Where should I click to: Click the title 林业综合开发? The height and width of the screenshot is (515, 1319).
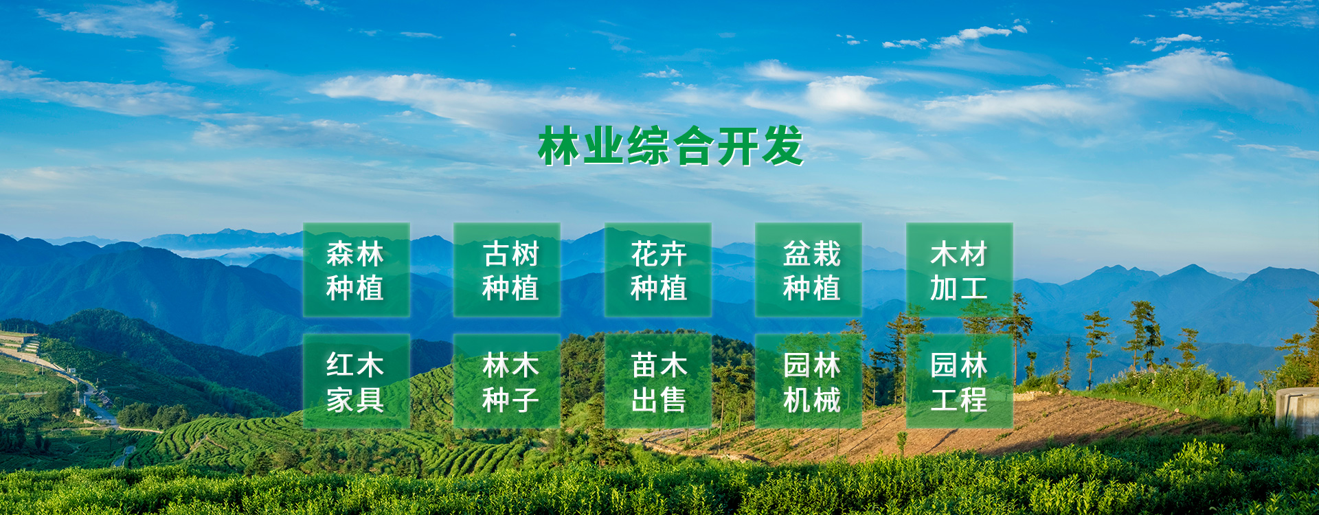click(x=670, y=146)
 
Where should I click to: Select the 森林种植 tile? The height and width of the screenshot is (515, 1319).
click(x=357, y=270)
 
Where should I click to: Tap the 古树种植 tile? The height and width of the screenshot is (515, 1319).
click(x=507, y=270)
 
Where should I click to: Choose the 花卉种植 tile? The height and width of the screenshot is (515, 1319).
click(x=658, y=270)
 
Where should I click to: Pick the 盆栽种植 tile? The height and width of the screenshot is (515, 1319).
click(x=809, y=270)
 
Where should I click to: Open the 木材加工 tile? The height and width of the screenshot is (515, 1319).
click(x=960, y=270)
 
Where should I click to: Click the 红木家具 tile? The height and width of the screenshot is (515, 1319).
click(x=357, y=381)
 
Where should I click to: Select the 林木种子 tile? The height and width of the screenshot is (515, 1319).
click(x=507, y=381)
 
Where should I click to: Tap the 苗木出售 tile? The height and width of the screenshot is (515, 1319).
click(x=658, y=381)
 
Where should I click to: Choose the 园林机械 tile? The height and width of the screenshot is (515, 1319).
click(x=809, y=381)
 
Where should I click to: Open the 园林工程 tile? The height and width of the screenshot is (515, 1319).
click(x=960, y=381)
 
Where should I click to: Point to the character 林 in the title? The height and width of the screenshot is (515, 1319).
click(x=559, y=146)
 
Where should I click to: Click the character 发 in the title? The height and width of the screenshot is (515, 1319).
click(x=782, y=146)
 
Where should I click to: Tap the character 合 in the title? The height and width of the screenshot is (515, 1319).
click(x=693, y=146)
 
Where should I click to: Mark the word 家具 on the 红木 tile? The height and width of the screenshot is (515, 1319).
click(x=355, y=400)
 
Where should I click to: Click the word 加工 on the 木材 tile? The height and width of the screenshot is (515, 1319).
click(x=959, y=288)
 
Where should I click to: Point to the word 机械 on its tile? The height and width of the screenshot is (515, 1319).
click(x=812, y=400)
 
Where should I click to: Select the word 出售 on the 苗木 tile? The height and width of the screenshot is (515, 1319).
click(x=659, y=400)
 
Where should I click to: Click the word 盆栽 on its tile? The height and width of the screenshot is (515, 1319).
click(x=812, y=254)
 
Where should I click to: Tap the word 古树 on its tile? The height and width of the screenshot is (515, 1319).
click(x=510, y=254)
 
